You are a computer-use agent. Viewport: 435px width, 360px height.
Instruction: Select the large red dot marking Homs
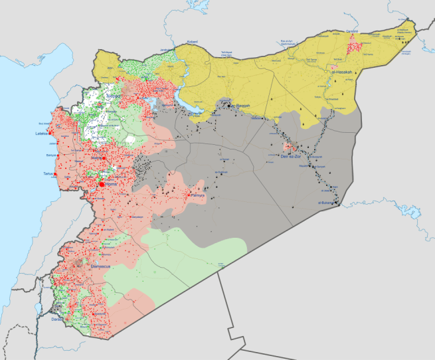(x=101, y=185)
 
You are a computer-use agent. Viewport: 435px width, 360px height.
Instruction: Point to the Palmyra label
(x=200, y=196)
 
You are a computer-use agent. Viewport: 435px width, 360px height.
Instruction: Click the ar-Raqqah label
(x=238, y=106)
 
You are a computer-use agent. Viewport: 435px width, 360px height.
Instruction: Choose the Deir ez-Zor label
(x=293, y=157)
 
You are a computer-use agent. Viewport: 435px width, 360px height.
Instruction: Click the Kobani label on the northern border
(x=192, y=43)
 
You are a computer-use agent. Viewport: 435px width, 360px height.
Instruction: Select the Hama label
(x=97, y=159)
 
